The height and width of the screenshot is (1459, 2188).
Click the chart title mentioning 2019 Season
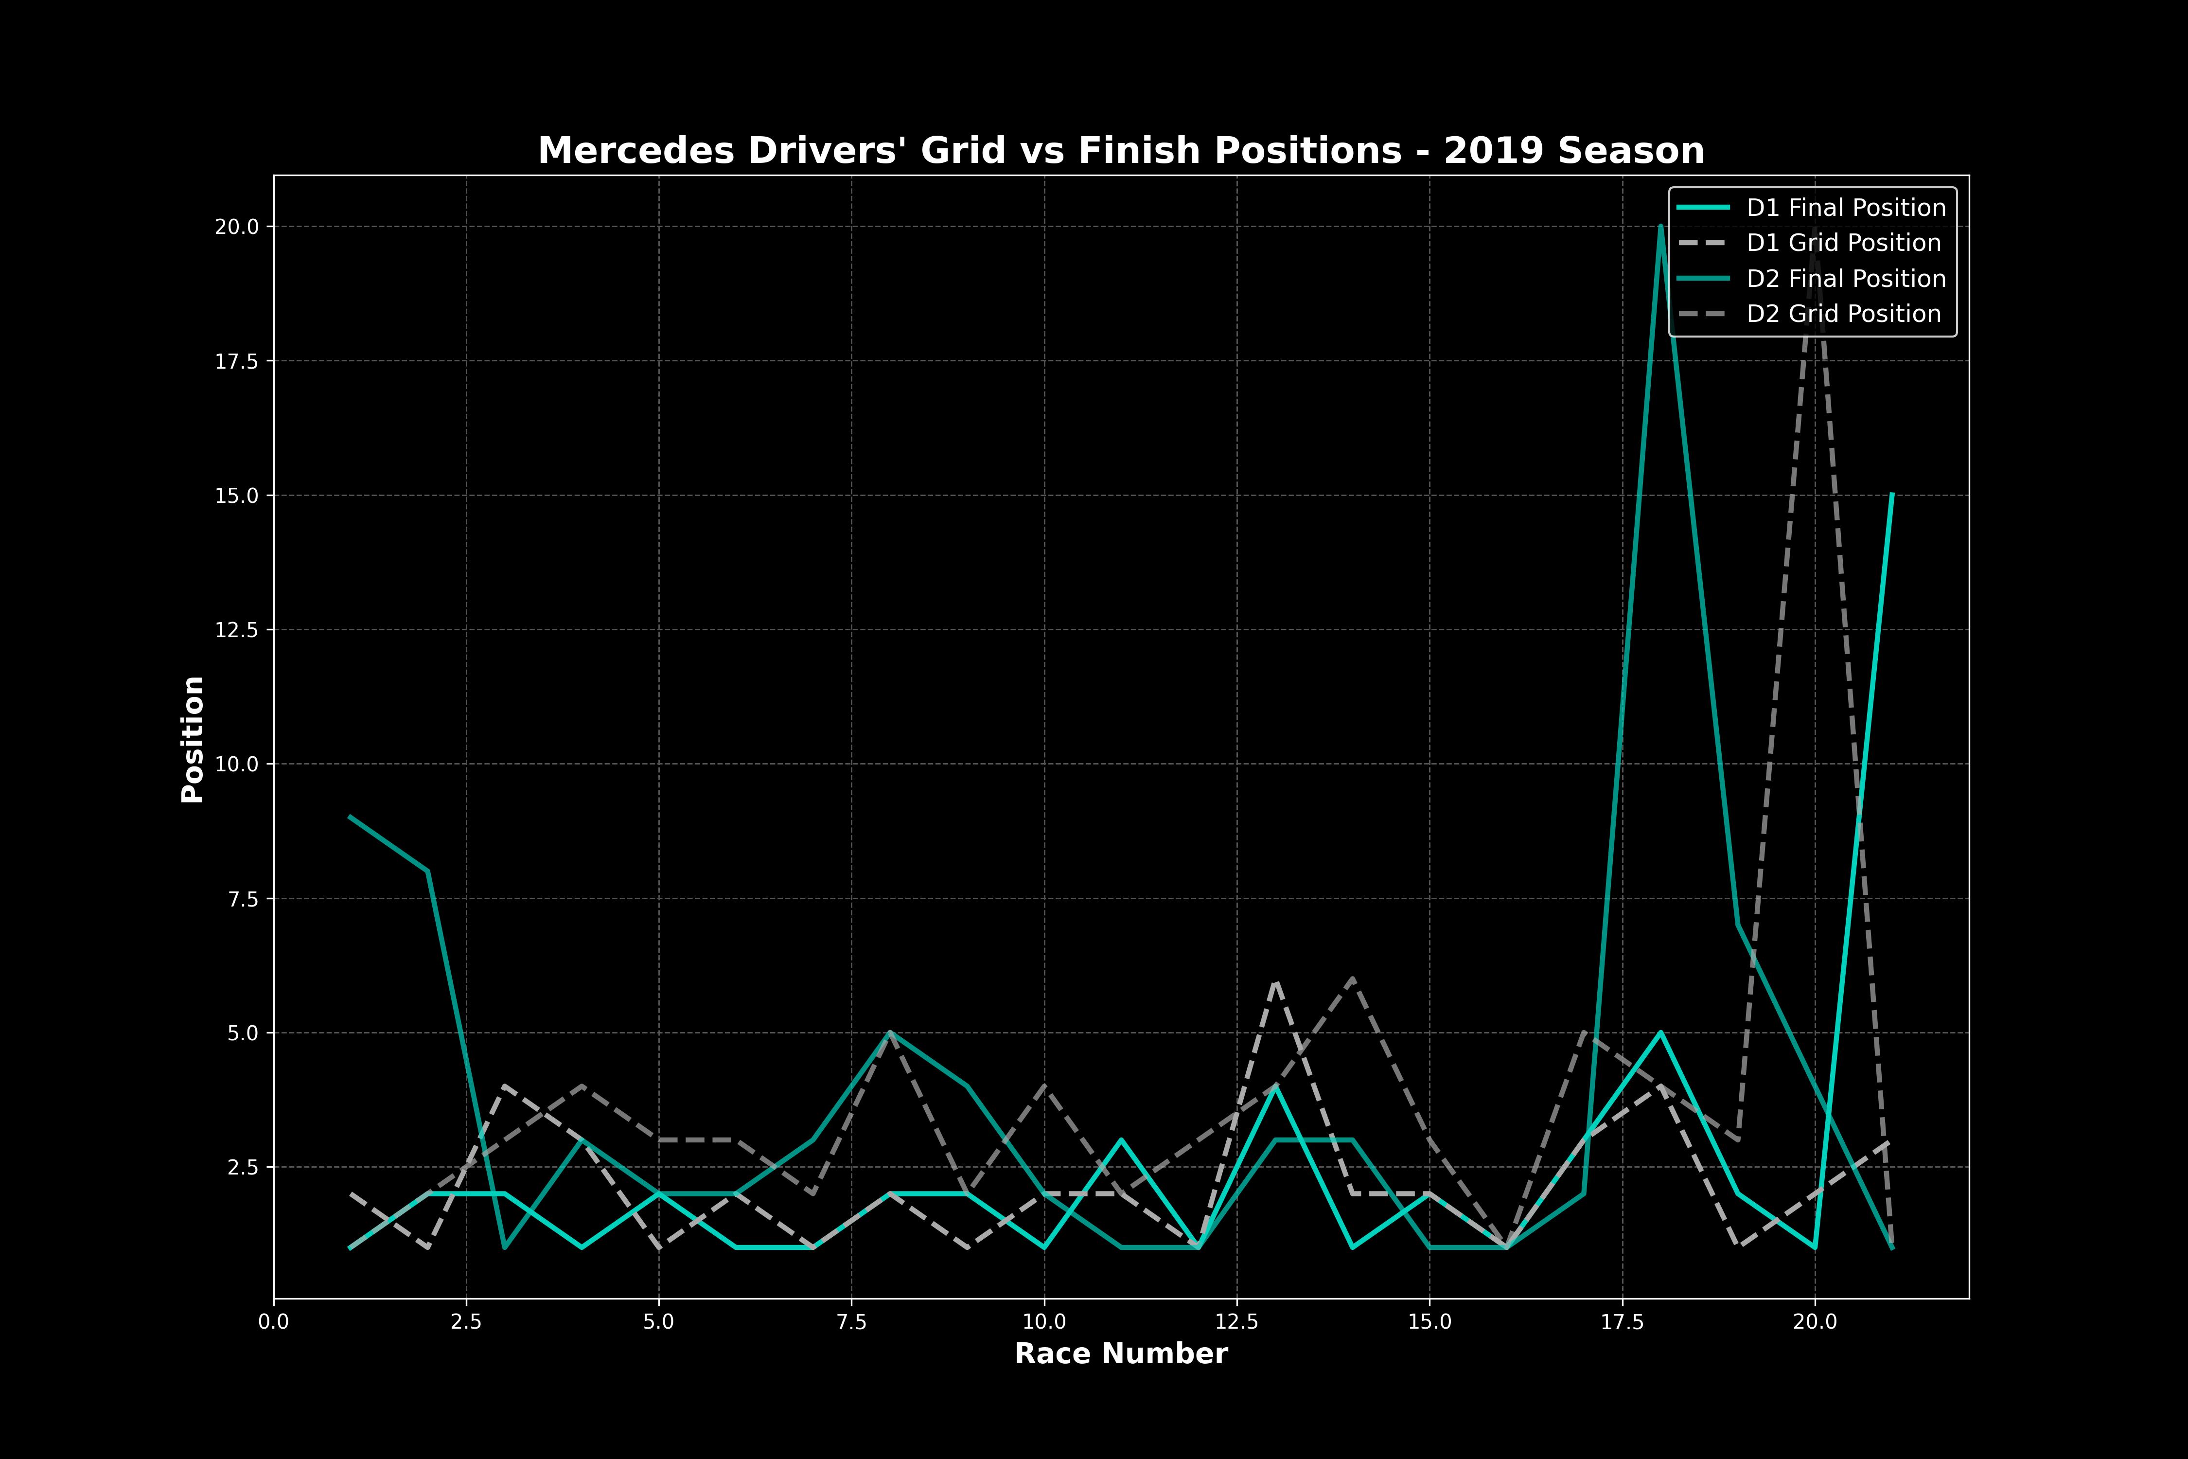1121,151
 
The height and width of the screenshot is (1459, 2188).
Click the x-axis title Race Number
1121,1354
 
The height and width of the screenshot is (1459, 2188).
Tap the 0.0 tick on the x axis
273,1321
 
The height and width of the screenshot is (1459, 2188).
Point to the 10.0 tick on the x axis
1044,1321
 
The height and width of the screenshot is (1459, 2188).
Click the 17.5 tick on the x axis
1623,1321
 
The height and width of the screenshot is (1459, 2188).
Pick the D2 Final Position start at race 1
351,817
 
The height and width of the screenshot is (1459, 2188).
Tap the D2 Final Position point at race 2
428,871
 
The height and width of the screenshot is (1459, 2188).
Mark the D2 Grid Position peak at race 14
1353,979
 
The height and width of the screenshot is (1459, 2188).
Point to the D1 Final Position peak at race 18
1660,1033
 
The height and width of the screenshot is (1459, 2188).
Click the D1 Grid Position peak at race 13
1275,981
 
